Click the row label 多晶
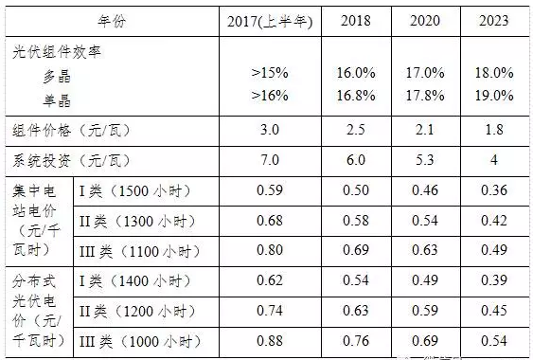coord(56,75)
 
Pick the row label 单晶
coord(56,99)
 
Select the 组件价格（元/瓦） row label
coord(70,130)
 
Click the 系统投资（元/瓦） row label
coord(70,159)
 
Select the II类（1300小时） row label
coord(137,220)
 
